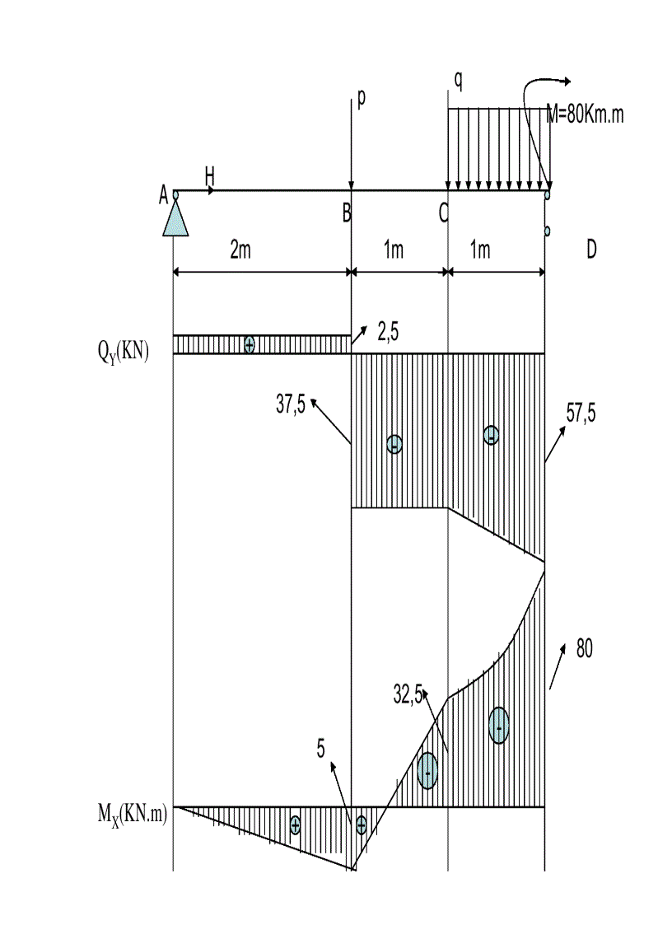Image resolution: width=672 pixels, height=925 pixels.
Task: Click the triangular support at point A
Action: coord(175,217)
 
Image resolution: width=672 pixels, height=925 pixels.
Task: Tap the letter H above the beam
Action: coord(209,176)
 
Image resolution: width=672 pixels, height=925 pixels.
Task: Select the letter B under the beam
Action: coord(347,213)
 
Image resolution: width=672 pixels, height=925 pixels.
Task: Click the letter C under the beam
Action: coord(444,213)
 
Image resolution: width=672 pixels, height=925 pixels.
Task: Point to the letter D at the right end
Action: coord(591,250)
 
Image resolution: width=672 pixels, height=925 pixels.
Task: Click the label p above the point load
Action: coord(361,99)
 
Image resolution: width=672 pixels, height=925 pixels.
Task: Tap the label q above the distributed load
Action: coord(459,80)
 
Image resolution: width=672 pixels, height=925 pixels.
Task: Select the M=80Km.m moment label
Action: coord(586,114)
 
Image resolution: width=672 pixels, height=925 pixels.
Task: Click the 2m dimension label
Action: coord(240,250)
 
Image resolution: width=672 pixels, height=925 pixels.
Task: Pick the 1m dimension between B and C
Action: coord(394,250)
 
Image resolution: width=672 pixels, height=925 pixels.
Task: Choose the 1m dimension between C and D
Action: coord(480,250)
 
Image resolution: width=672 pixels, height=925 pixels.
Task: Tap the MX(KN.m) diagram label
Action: coord(132,815)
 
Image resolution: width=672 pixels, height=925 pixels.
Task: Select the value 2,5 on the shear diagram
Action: coord(388,332)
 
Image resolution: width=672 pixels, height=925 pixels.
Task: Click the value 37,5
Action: coord(290,404)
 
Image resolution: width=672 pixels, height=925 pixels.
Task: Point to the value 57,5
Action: coord(581,413)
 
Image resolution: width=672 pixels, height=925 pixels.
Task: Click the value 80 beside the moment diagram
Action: coord(584,648)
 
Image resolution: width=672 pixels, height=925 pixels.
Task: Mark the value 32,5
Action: coord(408,694)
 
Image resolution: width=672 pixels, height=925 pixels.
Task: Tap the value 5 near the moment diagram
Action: coord(320,749)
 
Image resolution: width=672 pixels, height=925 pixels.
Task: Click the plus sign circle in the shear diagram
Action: coord(250,344)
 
